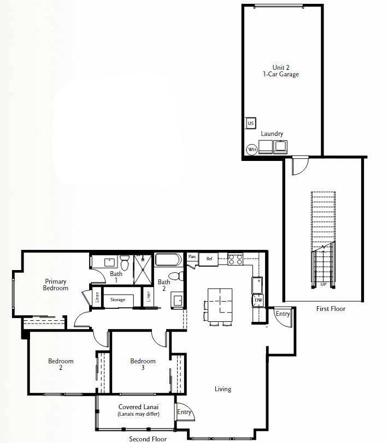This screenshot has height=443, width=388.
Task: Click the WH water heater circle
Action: click(x=251, y=149)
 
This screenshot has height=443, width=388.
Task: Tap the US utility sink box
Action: click(x=250, y=123)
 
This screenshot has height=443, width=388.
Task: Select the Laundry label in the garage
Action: click(x=272, y=134)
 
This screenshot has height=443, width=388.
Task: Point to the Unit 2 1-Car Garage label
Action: click(x=281, y=71)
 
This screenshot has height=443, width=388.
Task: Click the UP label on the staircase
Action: click(x=323, y=284)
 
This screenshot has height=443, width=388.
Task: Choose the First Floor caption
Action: click(x=331, y=309)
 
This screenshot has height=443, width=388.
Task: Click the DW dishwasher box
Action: click(x=258, y=300)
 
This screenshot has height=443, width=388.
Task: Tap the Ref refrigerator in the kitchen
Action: click(x=209, y=259)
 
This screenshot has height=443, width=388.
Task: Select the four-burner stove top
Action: click(x=236, y=259)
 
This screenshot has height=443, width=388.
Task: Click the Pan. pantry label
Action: click(x=192, y=256)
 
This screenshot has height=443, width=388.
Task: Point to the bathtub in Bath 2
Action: click(x=168, y=260)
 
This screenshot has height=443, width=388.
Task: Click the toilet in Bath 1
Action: click(x=125, y=263)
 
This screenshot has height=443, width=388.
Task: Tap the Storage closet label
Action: click(x=117, y=300)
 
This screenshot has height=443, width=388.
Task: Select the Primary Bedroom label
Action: click(x=56, y=285)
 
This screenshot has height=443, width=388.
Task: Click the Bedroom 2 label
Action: click(x=61, y=364)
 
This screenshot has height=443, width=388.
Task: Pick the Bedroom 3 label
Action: click(x=143, y=364)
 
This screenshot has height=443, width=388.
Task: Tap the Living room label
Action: click(x=223, y=389)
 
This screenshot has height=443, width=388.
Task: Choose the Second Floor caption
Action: click(x=148, y=439)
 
